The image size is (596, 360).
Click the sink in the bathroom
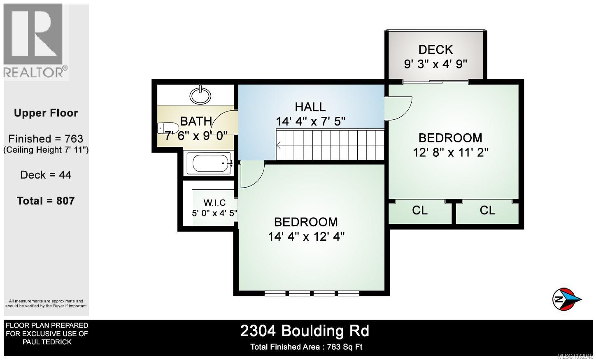click(200, 95)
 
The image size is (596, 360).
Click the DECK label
click(435, 50)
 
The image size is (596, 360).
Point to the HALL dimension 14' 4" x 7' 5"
click(310, 122)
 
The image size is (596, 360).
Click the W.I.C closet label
click(214, 202)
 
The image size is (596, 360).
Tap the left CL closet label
click(420, 210)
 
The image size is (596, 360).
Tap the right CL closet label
click(487, 210)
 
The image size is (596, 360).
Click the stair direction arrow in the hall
click(279, 145)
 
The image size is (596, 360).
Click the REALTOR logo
click(35, 41)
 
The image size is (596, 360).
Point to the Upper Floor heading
click(46, 113)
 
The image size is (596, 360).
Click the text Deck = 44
click(46, 175)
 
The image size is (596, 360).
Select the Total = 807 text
click(46, 201)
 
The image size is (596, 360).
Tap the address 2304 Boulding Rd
click(305, 331)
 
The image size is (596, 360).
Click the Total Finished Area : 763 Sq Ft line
click(306, 347)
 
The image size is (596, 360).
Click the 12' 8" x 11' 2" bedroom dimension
click(450, 153)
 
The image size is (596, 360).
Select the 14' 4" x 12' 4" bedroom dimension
click(306, 237)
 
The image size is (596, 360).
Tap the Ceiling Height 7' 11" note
click(46, 150)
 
